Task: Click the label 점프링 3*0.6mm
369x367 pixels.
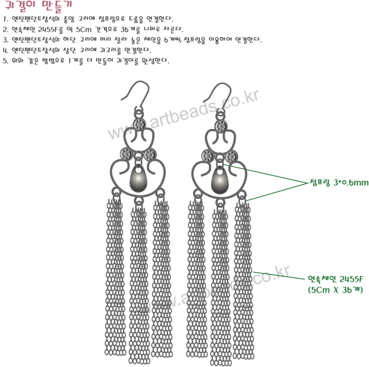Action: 339,182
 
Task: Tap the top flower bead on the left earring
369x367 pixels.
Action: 139,125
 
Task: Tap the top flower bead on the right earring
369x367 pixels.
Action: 220,125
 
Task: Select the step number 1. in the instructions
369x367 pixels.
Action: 5,19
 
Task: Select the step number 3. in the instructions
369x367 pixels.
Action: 5,40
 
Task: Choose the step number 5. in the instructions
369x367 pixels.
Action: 5,60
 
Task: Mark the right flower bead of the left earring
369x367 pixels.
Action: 150,155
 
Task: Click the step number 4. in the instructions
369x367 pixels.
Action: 5,50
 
